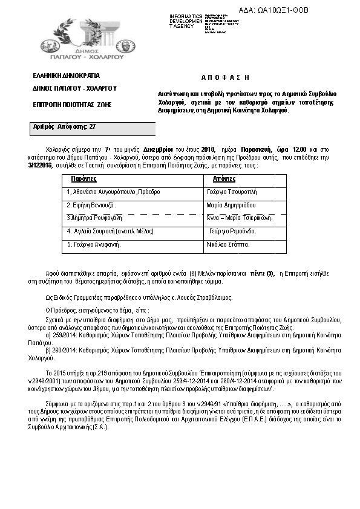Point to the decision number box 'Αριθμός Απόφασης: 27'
[64, 127]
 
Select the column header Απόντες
[223, 180]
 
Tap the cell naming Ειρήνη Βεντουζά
[91, 206]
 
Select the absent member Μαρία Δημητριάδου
[231, 206]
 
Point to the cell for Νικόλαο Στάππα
[227, 244]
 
